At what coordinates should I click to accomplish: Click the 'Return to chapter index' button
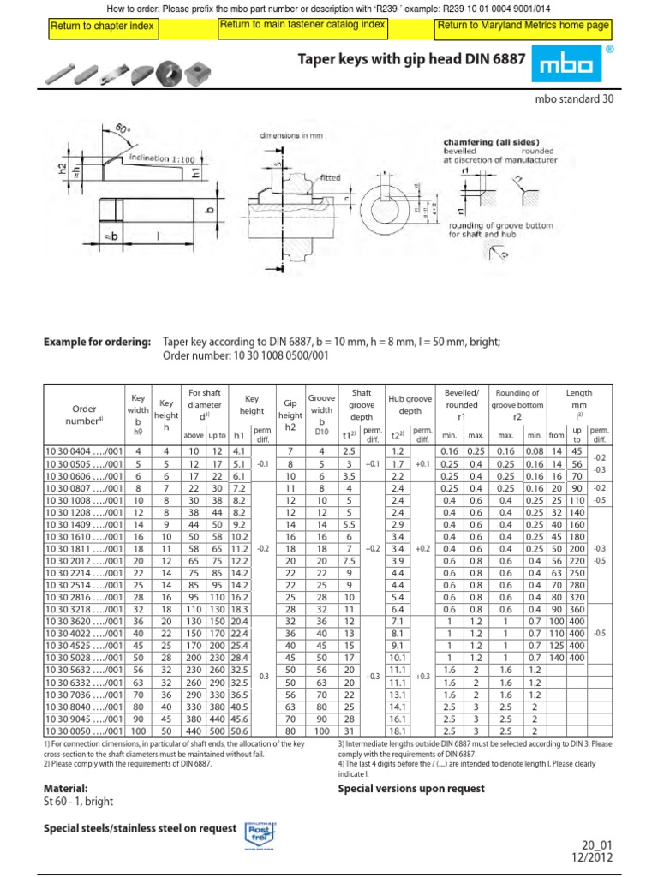point(102,27)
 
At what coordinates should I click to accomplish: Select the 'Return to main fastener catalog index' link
point(302,27)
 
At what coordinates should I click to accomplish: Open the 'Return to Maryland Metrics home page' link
point(523,27)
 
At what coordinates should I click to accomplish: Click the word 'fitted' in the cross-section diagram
point(330,177)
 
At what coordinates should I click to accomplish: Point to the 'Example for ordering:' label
point(97,343)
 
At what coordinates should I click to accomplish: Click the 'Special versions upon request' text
point(411,788)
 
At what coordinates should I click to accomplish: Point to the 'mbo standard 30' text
point(573,99)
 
